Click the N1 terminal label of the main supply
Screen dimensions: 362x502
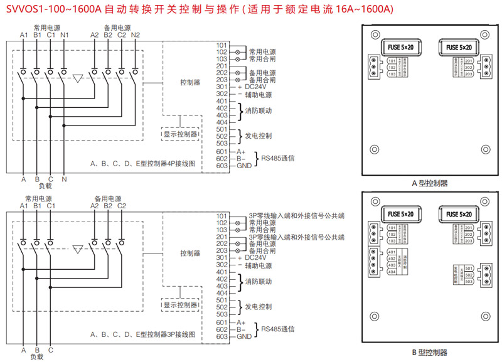[65, 34]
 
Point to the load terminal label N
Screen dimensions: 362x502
[65, 179]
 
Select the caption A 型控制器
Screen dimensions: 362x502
[429, 183]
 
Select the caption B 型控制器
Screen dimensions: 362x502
[429, 353]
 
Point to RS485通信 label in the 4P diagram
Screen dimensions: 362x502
[278, 159]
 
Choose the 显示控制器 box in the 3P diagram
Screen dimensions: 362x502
[181, 304]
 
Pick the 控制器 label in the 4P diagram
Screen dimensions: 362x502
[190, 82]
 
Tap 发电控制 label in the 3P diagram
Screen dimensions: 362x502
[258, 307]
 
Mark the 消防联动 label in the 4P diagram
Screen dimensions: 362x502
[259, 111]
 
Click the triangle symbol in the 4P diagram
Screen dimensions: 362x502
[78, 79]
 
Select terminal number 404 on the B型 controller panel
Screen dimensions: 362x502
[392, 272]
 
